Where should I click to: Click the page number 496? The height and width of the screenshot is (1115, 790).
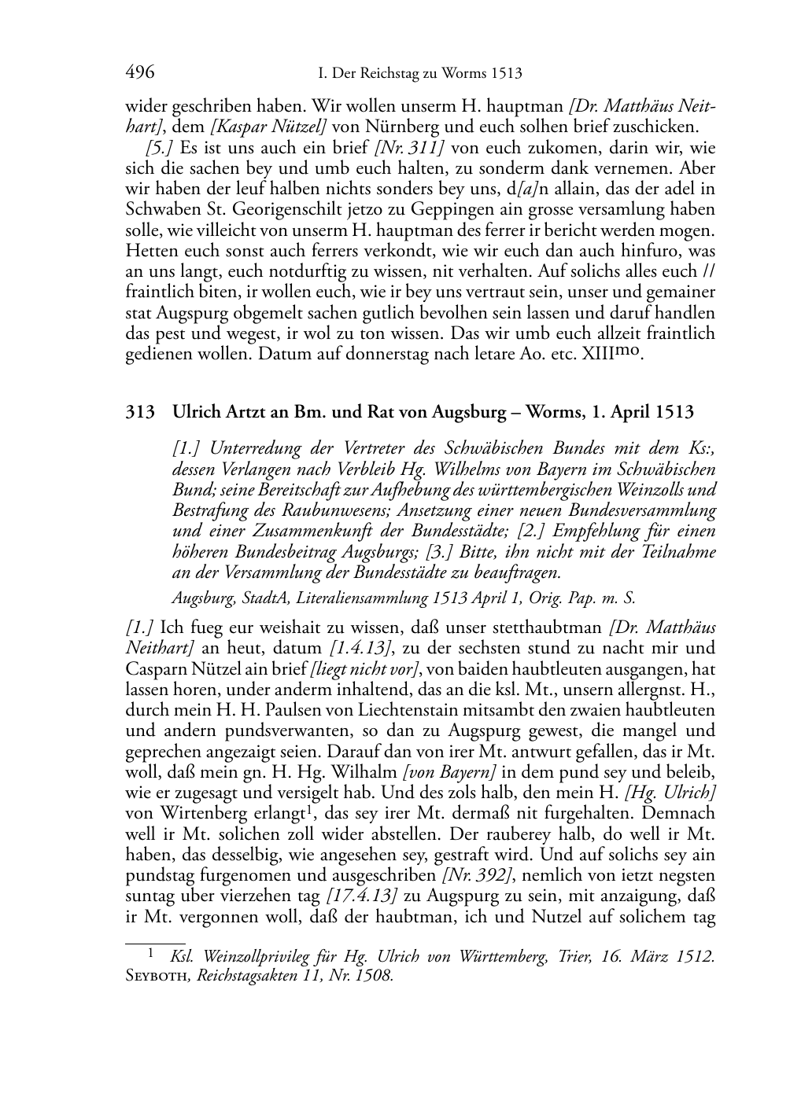(x=140, y=73)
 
